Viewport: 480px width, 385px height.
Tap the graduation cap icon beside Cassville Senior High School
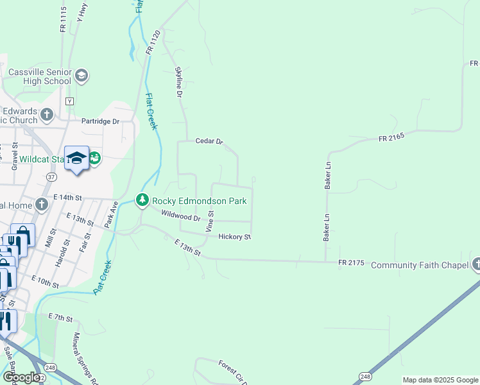tap(81, 76)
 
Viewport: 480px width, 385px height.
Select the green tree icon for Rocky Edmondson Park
tap(142, 201)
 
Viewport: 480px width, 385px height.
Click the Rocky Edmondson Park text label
tap(199, 201)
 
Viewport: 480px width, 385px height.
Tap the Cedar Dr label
tap(209, 141)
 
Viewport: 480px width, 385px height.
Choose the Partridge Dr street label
tap(100, 121)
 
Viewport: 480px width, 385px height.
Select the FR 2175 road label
tap(352, 263)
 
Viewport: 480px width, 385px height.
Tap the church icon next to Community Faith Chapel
tap(476, 264)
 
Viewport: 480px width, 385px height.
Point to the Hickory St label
tap(234, 237)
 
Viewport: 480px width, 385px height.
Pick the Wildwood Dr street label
tap(177, 217)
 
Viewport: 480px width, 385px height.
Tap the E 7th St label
tap(62, 318)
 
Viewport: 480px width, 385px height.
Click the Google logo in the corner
tap(21, 377)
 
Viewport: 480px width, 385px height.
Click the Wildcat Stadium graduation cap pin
tap(76, 158)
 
